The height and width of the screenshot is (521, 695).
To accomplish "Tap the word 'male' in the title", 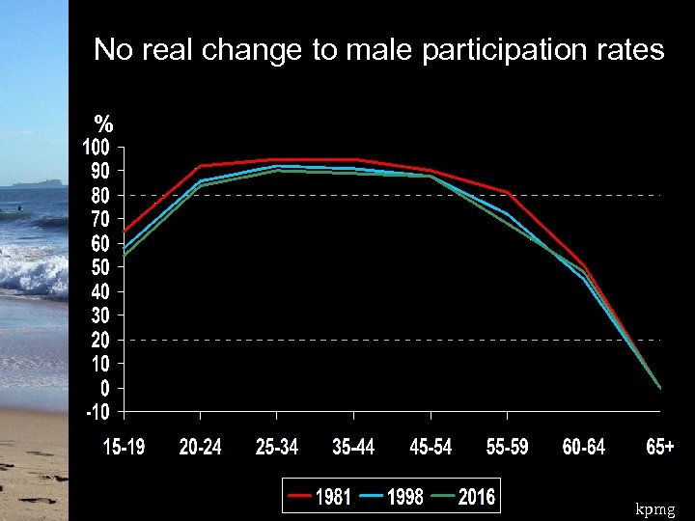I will click(381, 50).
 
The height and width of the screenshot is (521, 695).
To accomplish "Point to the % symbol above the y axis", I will click(104, 123).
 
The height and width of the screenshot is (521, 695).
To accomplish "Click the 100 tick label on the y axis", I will click(96, 148).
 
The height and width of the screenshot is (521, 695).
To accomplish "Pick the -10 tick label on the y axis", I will click(97, 412).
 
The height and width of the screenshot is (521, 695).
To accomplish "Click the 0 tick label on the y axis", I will click(104, 388).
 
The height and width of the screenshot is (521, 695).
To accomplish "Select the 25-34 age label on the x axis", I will click(277, 448).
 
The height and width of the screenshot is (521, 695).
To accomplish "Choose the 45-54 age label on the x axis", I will click(431, 448).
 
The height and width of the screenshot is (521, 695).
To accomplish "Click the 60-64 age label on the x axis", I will click(584, 448).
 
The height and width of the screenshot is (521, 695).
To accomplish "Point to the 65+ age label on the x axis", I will click(660, 448).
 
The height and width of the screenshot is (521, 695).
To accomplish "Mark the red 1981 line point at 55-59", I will click(507, 193).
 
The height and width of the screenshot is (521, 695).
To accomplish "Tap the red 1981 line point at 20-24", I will click(200, 166).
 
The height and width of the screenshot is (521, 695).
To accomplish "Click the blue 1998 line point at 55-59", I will click(507, 213).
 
